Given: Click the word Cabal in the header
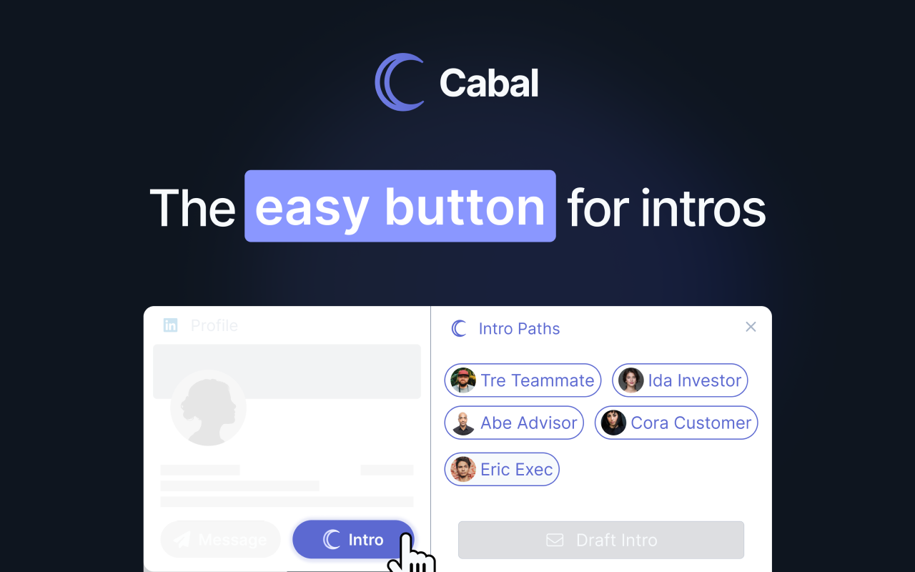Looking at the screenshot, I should coord(489,83).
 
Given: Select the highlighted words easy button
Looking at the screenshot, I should coord(400,207).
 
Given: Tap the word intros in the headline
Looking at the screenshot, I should coord(703,209).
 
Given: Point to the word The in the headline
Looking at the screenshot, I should coord(192,209).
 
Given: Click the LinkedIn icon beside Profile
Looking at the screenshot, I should coord(170,325).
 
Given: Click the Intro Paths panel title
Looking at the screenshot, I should coord(519,329).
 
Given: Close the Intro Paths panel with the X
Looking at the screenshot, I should coord(751,327).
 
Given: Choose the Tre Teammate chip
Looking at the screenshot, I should coord(523,380).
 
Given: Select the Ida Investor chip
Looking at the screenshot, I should coord(680,380).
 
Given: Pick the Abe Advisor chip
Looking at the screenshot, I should coord(514,423).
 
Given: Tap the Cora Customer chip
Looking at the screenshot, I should coord(676,423).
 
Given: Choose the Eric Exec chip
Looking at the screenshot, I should coord(502,469).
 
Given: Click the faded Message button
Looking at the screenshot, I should coord(220,540).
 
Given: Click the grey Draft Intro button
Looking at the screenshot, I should coord(600,540).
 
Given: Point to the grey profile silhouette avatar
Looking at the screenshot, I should coord(208,408).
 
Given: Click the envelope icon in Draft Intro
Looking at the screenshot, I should coord(555,540).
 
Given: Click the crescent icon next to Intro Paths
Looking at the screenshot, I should coord(459,329).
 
